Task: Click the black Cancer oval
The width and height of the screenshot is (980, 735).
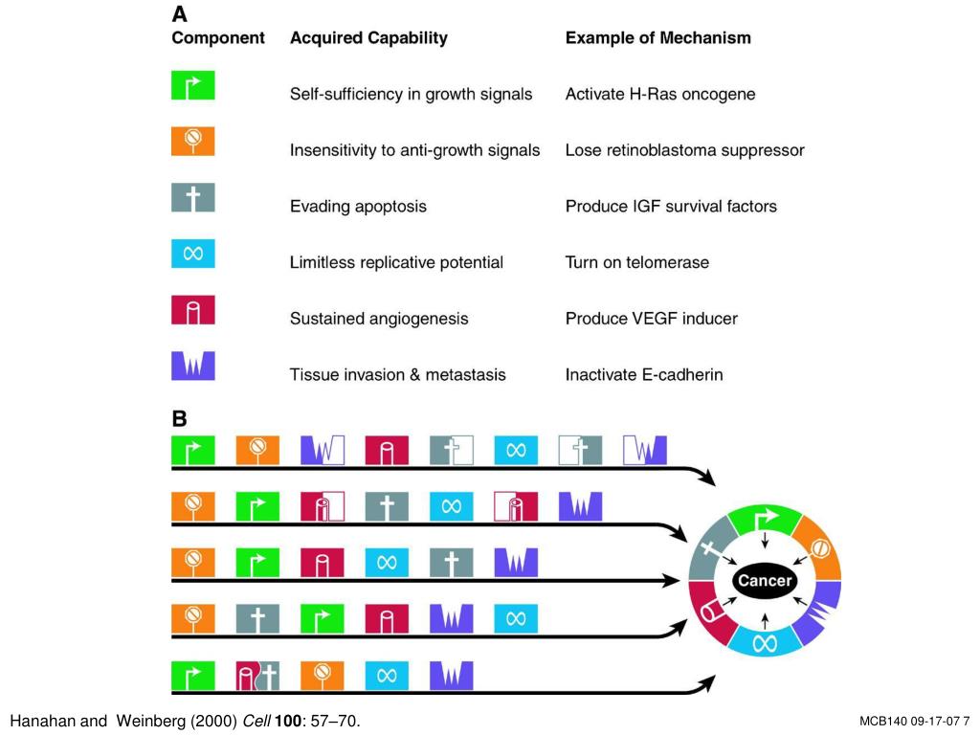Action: pyautogui.click(x=765, y=581)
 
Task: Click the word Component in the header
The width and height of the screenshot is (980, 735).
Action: pyautogui.click(x=218, y=38)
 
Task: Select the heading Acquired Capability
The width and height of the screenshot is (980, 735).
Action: pyautogui.click(x=368, y=38)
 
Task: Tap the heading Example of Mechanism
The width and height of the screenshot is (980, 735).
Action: pyautogui.click(x=658, y=38)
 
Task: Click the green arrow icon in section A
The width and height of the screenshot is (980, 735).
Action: pyautogui.click(x=193, y=85)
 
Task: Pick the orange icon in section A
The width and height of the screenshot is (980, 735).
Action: pyautogui.click(x=193, y=142)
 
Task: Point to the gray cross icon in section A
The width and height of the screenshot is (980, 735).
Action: pyautogui.click(x=193, y=197)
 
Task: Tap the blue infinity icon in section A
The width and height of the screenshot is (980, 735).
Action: pyautogui.click(x=193, y=254)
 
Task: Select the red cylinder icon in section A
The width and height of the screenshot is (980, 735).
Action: pyautogui.click(x=193, y=310)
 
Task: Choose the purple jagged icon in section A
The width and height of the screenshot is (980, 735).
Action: pyautogui.click(x=193, y=367)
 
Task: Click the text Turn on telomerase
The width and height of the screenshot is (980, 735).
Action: pyautogui.click(x=636, y=262)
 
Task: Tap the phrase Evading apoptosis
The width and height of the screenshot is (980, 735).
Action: pyautogui.click(x=358, y=207)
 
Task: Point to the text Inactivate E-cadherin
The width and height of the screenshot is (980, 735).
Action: pyautogui.click(x=644, y=375)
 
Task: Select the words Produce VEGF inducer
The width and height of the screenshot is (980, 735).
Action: pyautogui.click(x=651, y=319)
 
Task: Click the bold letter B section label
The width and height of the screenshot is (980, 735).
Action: pyautogui.click(x=179, y=419)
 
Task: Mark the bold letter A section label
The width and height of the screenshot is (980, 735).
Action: pyautogui.click(x=179, y=13)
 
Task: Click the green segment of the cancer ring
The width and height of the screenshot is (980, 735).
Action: pyautogui.click(x=766, y=520)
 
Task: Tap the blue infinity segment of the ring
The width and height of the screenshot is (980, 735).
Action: pyautogui.click(x=765, y=642)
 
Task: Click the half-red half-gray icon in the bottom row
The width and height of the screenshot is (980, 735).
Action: pyautogui.click(x=257, y=677)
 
